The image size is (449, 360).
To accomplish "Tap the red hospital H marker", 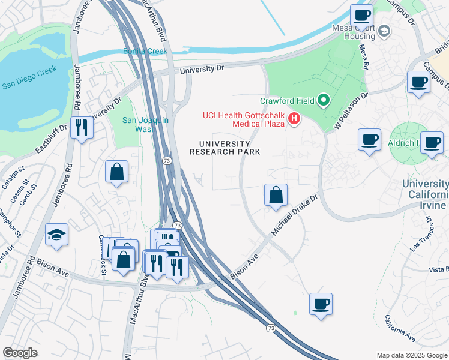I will [294, 119].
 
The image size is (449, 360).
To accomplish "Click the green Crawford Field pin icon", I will [324, 100].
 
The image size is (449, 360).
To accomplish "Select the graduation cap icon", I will [56, 235].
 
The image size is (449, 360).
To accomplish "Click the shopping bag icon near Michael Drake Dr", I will [276, 194].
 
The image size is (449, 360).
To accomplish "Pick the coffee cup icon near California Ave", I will [321, 304].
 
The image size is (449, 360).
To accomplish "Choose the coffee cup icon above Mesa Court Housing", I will [362, 15].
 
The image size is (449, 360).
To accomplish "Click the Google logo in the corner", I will [20, 353].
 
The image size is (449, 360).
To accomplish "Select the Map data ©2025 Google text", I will [411, 355].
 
